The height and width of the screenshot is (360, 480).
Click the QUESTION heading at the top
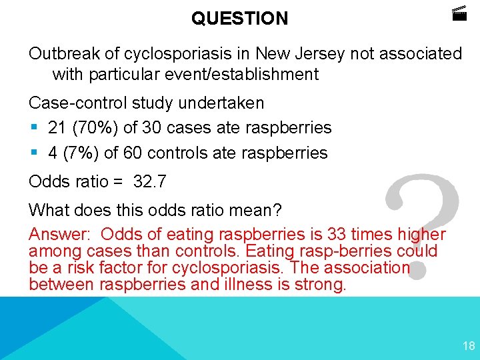(239, 18)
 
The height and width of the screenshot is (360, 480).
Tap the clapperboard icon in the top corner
(459, 13)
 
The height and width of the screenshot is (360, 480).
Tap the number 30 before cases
(142, 127)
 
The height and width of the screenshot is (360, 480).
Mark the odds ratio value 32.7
(149, 181)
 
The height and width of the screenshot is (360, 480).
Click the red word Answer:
(61, 235)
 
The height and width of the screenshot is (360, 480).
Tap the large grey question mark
(423, 227)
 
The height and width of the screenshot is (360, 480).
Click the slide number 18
(468, 345)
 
